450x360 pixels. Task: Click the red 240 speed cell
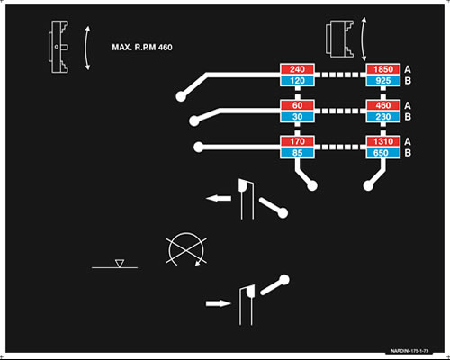297,69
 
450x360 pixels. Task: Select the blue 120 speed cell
297,81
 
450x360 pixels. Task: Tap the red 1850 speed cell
383,69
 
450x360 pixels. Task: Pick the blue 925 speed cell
383,81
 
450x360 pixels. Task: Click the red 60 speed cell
297,105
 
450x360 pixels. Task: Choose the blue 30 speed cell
297,117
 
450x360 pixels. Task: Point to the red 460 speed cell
383,105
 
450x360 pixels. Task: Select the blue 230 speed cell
383,117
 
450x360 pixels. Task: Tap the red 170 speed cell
297,141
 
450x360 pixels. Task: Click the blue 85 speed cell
297,153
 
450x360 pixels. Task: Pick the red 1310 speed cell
383,141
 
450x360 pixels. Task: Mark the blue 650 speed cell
383,153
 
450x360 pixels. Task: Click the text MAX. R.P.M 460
142,48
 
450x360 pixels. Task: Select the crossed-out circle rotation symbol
186,249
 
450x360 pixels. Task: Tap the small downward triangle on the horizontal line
120,264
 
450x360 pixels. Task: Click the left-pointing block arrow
219,198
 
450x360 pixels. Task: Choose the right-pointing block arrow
219,303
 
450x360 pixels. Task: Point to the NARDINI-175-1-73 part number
409,351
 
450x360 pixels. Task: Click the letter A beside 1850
408,69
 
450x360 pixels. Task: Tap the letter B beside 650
408,153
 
